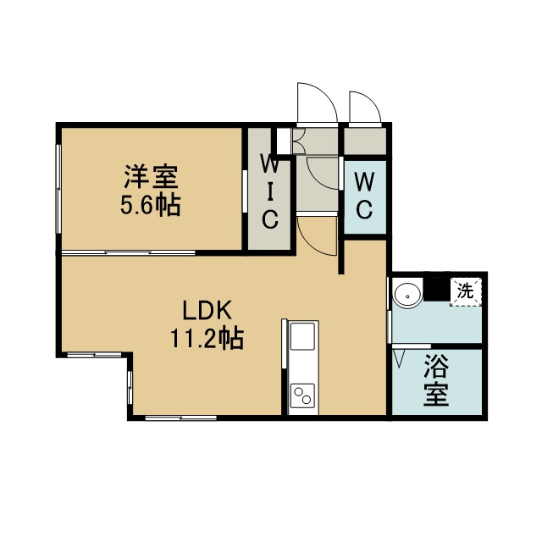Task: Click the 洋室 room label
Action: coord(151,177)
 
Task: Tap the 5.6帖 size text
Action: coord(151,205)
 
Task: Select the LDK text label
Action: coord(207,310)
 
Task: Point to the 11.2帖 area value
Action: coord(207,338)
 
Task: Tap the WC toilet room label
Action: coord(364,196)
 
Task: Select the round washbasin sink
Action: coord(408,295)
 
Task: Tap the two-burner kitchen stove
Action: coord(302,396)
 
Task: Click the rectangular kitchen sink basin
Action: coord(302,336)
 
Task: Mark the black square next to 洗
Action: coord(437,289)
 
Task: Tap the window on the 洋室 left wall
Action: coord(58,189)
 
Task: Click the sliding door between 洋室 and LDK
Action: coord(128,253)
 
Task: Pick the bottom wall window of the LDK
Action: coord(180,418)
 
